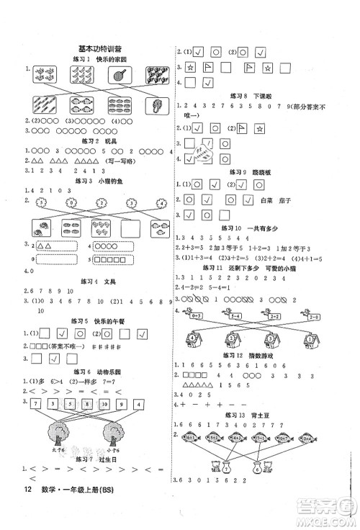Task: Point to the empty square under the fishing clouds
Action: click(x=127, y=228)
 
